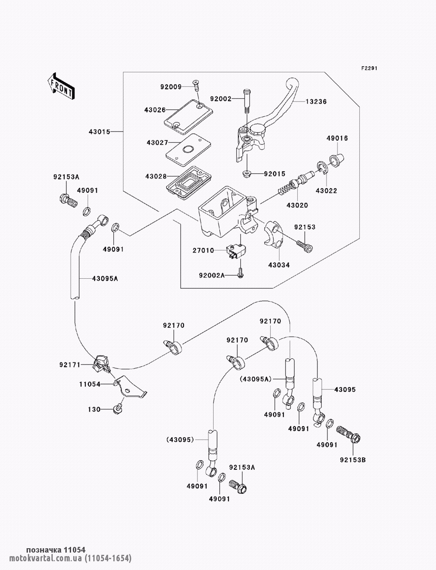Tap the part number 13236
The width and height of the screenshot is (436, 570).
pos(316,101)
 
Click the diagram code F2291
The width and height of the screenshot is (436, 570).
pos(368,69)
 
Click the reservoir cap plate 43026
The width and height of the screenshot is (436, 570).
pos(187,114)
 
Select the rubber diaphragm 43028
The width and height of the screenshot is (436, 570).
pos(189,181)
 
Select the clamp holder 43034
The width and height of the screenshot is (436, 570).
pos(273,236)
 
